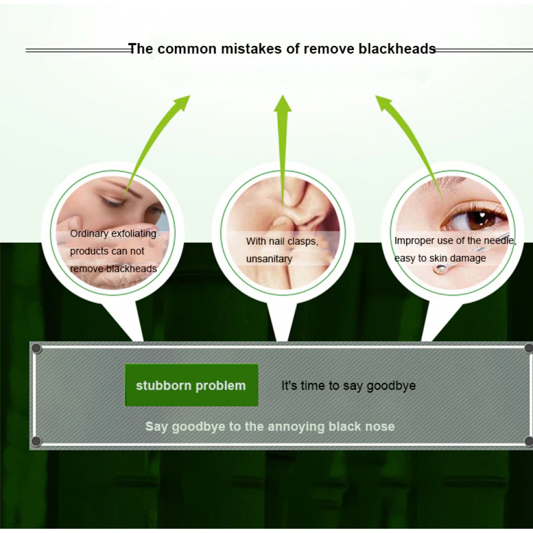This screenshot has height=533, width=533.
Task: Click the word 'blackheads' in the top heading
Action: [x=397, y=49]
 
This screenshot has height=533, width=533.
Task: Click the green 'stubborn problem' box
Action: [x=191, y=385]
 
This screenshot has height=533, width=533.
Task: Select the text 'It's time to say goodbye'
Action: [x=349, y=386]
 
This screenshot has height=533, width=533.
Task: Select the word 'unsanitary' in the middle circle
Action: [x=269, y=259]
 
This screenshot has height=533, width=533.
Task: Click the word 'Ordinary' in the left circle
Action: [x=89, y=234]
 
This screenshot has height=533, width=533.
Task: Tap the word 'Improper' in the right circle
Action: [x=414, y=241]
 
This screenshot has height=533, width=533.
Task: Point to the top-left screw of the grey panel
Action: [x=36, y=349]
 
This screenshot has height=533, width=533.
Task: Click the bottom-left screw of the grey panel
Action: [x=36, y=441]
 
